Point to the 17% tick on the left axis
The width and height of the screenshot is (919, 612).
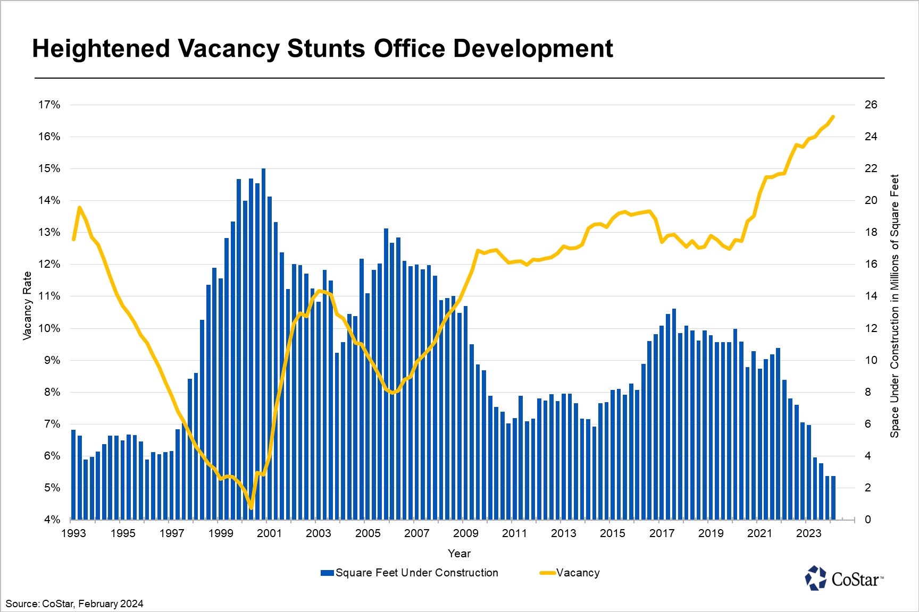[x=49, y=105]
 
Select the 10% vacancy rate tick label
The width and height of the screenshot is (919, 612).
[x=49, y=328]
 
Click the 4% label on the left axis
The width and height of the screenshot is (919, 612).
[x=52, y=520]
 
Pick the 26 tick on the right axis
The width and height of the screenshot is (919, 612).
[x=871, y=105]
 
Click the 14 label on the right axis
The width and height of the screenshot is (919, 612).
[x=871, y=296]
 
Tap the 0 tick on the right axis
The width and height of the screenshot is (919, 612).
[x=868, y=520]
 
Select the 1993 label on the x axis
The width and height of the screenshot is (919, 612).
[x=73, y=533]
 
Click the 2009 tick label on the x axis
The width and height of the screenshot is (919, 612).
[x=465, y=533]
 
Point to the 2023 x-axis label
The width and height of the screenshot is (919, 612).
[x=808, y=533]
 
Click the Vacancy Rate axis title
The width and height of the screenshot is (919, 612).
[x=27, y=306]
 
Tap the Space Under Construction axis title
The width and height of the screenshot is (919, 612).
[x=895, y=306]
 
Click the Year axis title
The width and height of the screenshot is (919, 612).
[x=459, y=554]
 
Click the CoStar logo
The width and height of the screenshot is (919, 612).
[x=844, y=578]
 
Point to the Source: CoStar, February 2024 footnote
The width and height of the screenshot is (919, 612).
[x=74, y=604]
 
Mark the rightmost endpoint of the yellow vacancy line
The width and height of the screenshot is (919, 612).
[x=833, y=117]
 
